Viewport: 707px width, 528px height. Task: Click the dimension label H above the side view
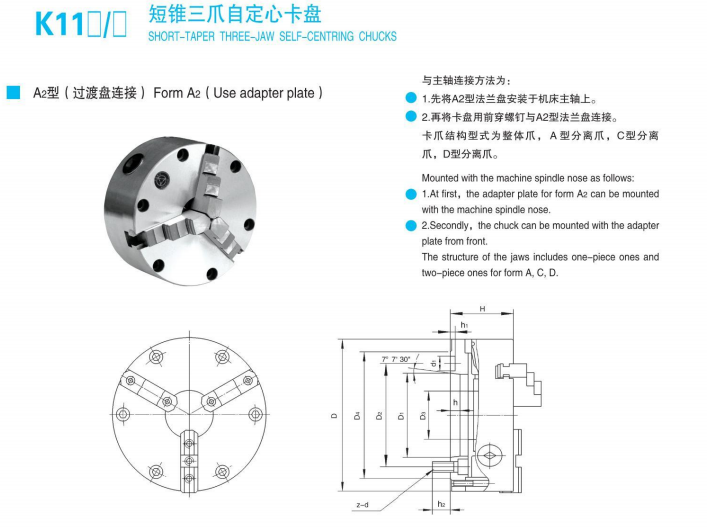point(482,309)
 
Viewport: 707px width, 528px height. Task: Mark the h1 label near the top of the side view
point(464,326)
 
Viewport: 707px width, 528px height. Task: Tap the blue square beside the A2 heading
point(13,93)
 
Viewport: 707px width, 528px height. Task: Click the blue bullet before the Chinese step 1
point(411,98)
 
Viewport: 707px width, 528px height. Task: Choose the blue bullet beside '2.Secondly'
point(411,226)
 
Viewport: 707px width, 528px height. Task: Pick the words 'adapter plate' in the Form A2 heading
point(276,93)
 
